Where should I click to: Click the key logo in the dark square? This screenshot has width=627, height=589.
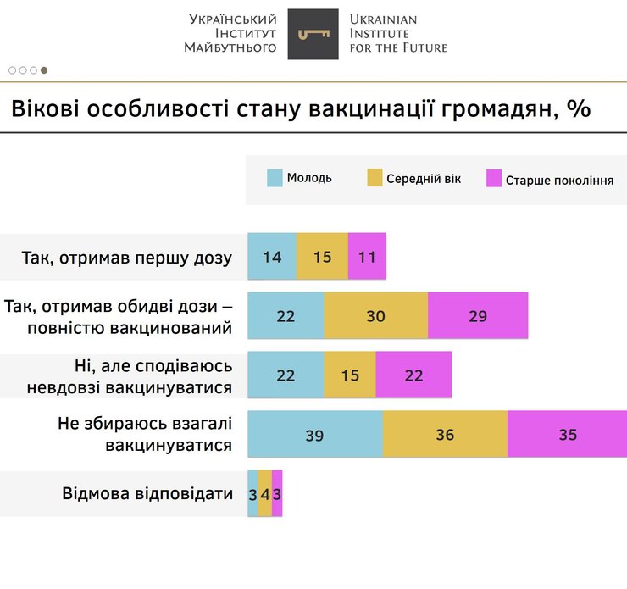click(313, 34)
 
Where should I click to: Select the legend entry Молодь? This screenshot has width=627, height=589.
click(299, 178)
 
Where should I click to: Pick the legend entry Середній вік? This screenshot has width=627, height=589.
click(413, 179)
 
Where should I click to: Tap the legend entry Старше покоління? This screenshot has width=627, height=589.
click(550, 180)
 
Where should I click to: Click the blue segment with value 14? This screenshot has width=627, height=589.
click(272, 257)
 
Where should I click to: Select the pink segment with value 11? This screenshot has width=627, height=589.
click(367, 257)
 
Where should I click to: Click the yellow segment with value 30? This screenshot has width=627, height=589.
click(375, 316)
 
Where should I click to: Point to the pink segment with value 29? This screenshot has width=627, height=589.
click(478, 316)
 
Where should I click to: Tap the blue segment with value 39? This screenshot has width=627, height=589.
click(314, 435)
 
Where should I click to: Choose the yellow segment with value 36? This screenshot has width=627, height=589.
click(445, 435)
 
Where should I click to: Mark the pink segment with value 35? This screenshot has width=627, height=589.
click(567, 435)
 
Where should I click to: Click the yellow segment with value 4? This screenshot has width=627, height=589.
click(265, 493)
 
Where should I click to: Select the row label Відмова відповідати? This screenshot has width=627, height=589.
click(147, 493)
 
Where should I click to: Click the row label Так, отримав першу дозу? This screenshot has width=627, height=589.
click(126, 258)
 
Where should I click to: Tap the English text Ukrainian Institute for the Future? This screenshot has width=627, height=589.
click(397, 34)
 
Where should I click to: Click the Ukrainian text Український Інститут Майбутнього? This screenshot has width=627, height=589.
click(230, 34)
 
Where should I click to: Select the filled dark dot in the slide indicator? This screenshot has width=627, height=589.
click(44, 70)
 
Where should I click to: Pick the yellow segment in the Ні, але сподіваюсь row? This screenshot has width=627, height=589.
click(350, 375)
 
